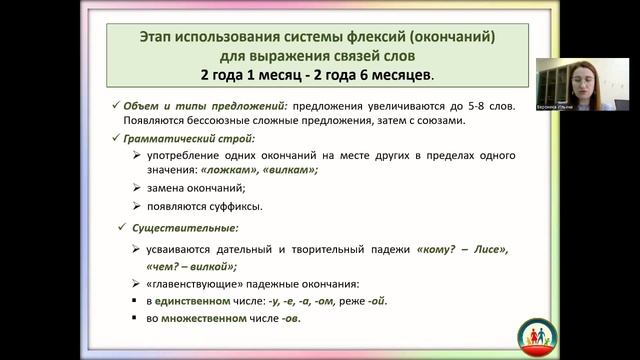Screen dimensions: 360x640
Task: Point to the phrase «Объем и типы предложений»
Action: pos(196,105)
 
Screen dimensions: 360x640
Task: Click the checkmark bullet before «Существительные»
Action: pos(123,229)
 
